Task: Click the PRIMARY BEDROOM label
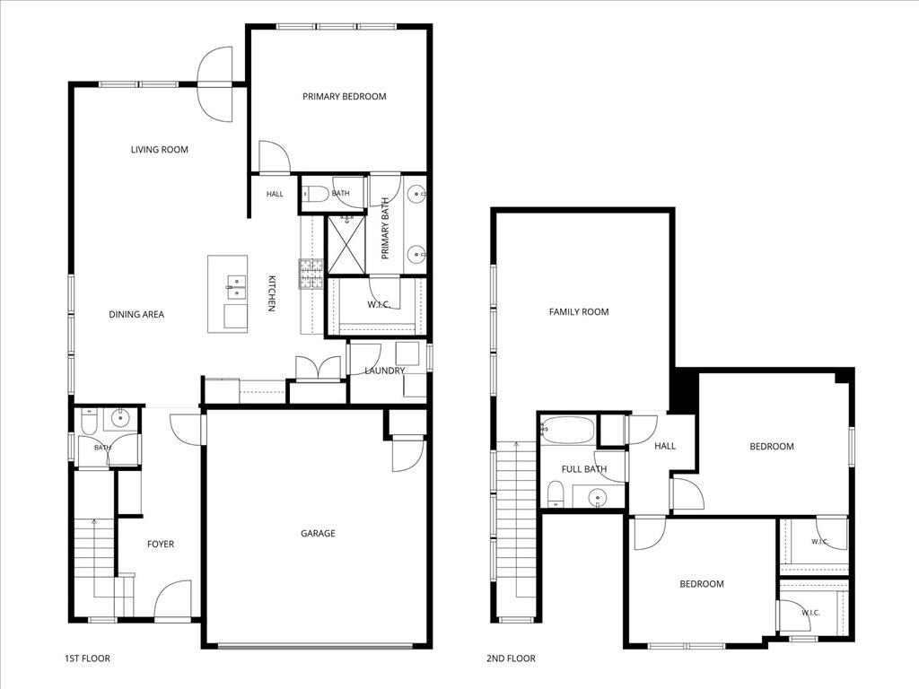344,97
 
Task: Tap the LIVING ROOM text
160,150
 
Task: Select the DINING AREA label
136,315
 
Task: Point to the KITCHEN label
271,293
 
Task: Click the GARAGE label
319,533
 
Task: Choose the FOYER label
161,545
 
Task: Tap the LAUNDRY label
384,371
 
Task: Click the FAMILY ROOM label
579,312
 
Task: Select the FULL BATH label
584,469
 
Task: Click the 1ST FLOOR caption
87,658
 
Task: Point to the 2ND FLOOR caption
511,658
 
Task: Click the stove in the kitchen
311,275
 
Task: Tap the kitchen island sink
236,287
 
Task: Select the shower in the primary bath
346,244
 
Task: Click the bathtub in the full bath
567,430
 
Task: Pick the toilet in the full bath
555,494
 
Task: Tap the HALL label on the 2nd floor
665,447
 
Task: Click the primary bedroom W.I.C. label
380,305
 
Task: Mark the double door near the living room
215,84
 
